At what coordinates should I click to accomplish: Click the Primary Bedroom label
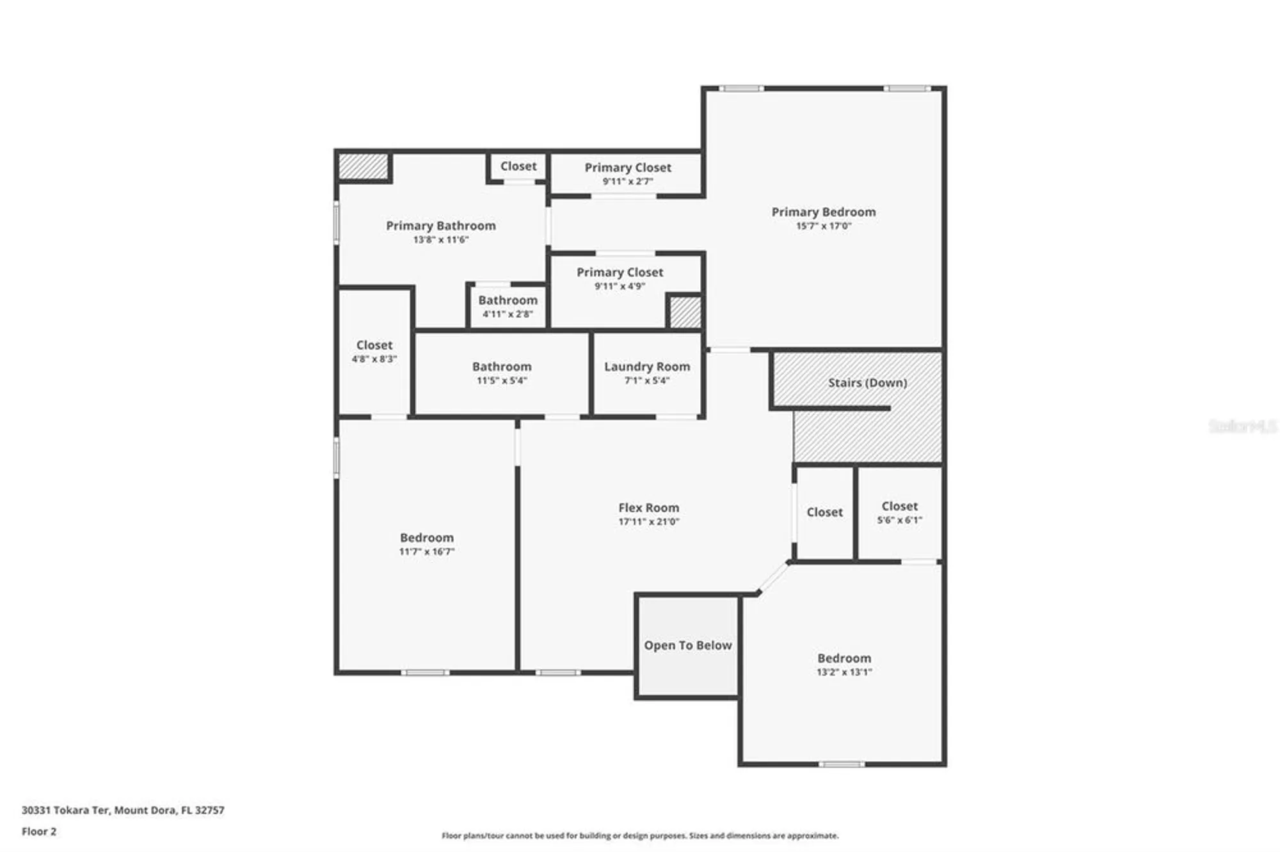coord(823,212)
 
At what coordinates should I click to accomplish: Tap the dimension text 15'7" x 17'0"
coord(823,226)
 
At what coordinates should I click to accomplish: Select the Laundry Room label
coord(647,367)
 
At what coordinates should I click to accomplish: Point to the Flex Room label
coord(648,507)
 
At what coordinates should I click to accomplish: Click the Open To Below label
coord(688,645)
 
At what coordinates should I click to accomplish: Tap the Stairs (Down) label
coord(867,383)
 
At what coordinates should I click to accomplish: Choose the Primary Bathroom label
coord(440,226)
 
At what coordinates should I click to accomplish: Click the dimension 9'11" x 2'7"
coord(627,182)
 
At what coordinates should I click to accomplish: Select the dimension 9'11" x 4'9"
coord(620,287)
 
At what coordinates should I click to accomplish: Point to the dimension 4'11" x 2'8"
coord(508,314)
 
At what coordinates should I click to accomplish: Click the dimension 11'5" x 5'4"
coord(502,381)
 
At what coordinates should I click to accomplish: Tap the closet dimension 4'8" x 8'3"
coord(374,359)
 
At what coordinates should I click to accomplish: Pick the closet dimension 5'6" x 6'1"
coord(899,520)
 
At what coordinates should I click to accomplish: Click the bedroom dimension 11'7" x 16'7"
coord(427,551)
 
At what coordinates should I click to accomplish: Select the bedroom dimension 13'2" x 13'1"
coord(844,672)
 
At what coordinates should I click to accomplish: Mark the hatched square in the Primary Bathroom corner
coord(364,166)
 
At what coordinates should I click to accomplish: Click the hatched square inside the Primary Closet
coord(685,312)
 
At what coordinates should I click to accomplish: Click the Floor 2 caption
coord(39,832)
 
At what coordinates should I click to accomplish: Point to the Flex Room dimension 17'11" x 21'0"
coord(648,521)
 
